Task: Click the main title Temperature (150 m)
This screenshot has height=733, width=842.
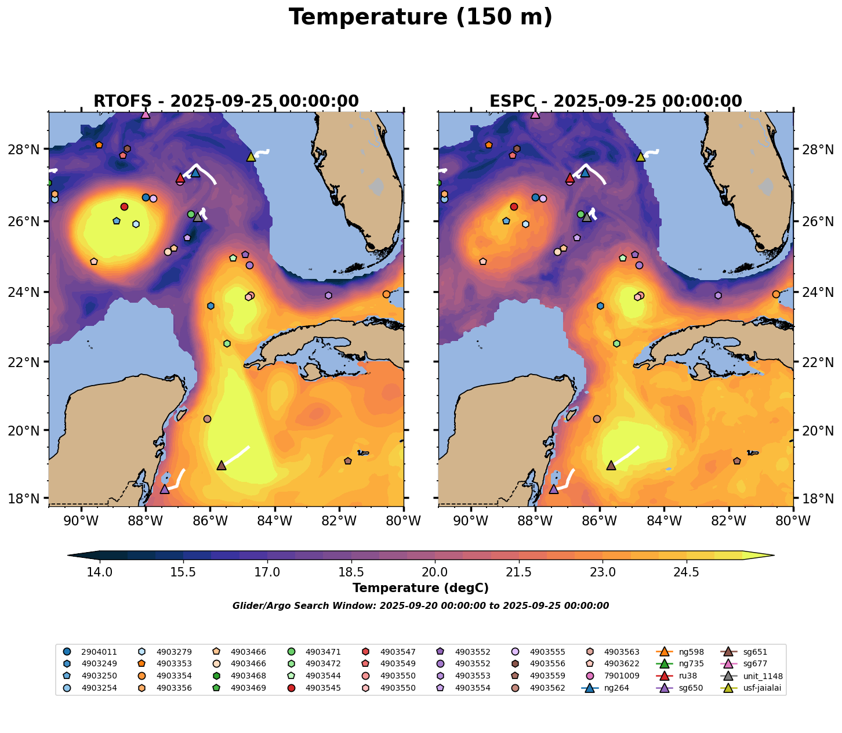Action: [x=420, y=17]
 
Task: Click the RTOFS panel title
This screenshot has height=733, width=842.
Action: [x=226, y=101]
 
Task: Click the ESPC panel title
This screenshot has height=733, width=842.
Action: [x=616, y=101]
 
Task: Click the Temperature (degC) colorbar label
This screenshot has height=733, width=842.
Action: [x=420, y=588]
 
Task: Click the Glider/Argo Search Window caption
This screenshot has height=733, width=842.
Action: [x=420, y=606]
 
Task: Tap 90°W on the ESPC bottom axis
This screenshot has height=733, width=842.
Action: [x=470, y=522]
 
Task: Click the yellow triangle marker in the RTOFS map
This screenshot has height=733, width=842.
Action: [x=251, y=157]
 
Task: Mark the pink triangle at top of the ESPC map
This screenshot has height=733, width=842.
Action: [x=535, y=114]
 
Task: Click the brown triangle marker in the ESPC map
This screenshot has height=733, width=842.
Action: [x=611, y=466]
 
